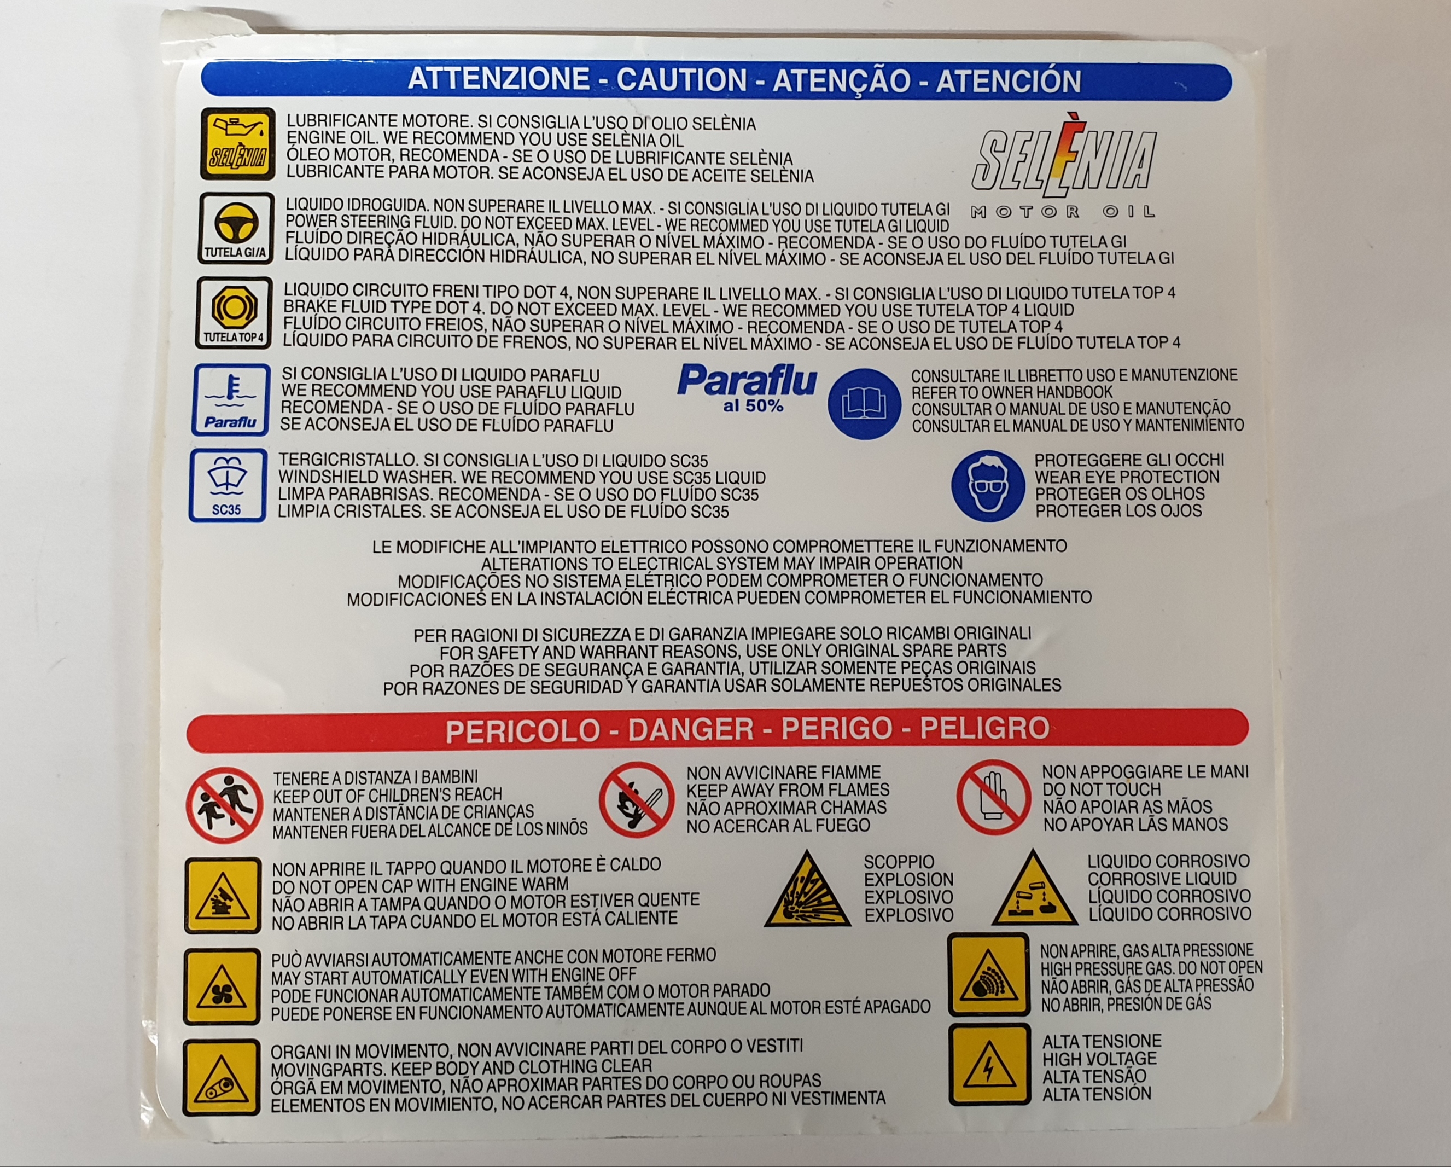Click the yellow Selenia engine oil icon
tap(237, 143)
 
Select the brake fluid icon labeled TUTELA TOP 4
tap(234, 313)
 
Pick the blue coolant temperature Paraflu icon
tap(231, 399)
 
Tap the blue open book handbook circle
tap(864, 404)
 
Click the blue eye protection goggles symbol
tap(987, 485)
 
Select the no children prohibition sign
tap(224, 805)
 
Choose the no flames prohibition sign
tap(637, 799)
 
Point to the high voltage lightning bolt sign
tap(989, 1065)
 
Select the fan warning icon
tap(222, 987)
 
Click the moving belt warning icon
tap(221, 1077)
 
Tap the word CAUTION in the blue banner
tap(682, 80)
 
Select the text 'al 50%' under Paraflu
tap(753, 406)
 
